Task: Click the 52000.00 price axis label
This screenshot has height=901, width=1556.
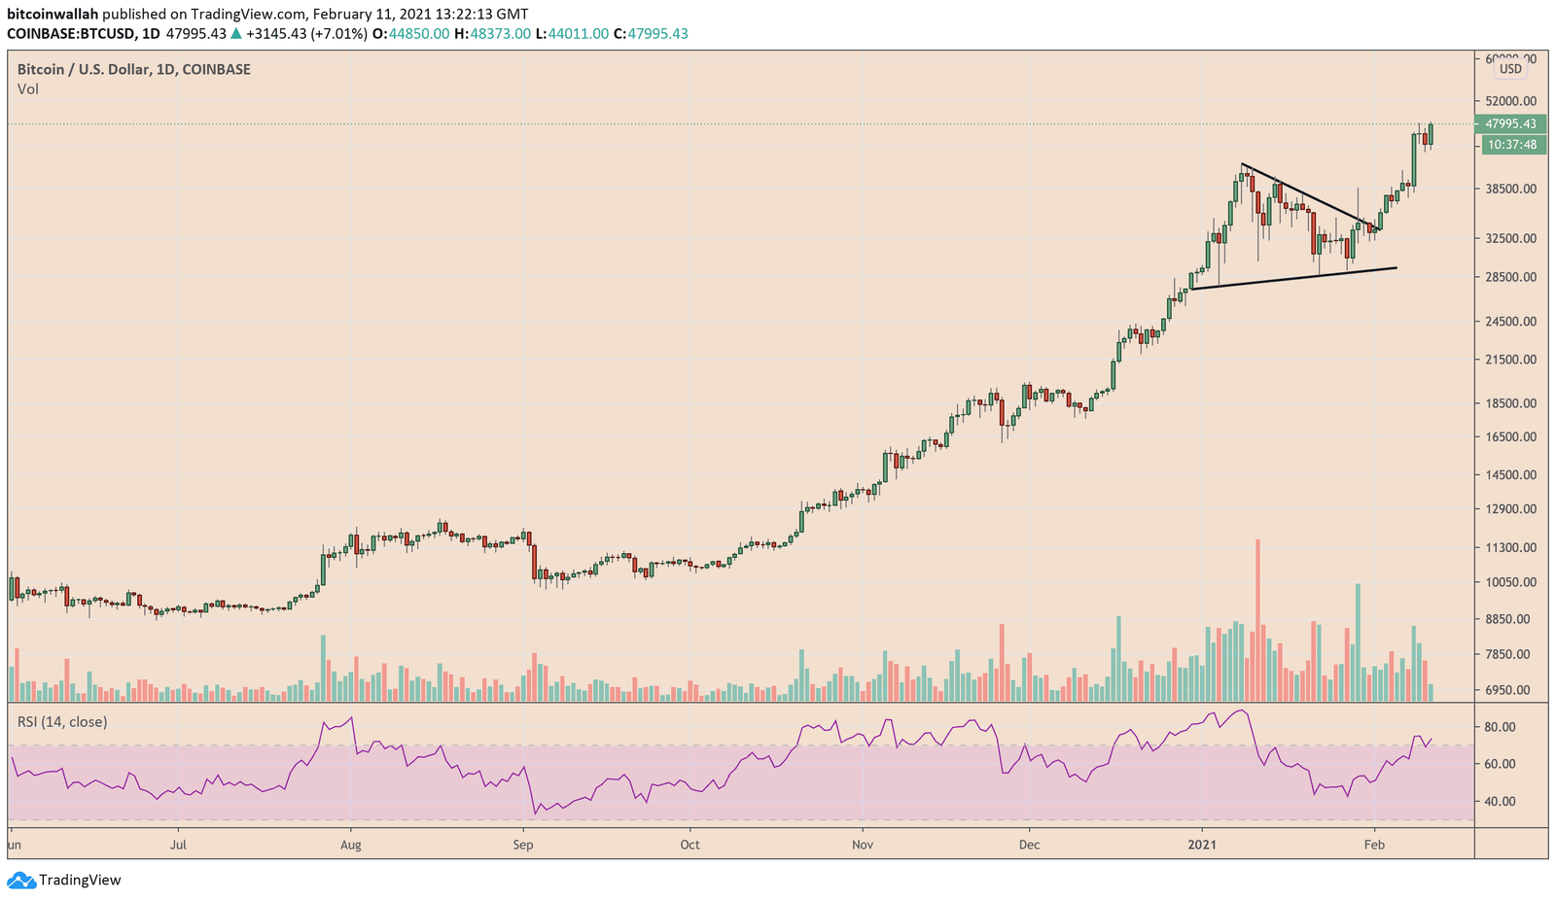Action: tap(1509, 101)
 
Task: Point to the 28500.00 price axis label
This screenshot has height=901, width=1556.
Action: tap(1509, 277)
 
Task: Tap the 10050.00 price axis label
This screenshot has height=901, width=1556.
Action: tap(1509, 583)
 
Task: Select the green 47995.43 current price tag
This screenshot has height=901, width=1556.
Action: tap(1510, 123)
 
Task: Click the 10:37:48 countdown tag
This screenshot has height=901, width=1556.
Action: tap(1510, 145)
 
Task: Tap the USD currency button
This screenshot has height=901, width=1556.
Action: tap(1510, 69)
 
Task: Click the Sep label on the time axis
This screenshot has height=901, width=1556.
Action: tap(523, 845)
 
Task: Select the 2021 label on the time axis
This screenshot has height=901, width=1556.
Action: tap(1202, 845)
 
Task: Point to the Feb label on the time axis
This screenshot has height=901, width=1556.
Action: tap(1374, 845)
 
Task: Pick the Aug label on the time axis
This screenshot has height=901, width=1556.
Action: tap(351, 845)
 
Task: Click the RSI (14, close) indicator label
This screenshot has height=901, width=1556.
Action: tap(62, 722)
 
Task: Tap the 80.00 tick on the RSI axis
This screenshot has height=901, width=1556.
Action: tap(1500, 727)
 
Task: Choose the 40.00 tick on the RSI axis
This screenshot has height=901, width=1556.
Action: tap(1500, 802)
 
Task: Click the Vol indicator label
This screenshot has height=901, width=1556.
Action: tap(28, 89)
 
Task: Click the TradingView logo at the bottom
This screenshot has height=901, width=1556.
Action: tap(65, 881)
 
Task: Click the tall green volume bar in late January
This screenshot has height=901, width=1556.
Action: tap(1358, 641)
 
